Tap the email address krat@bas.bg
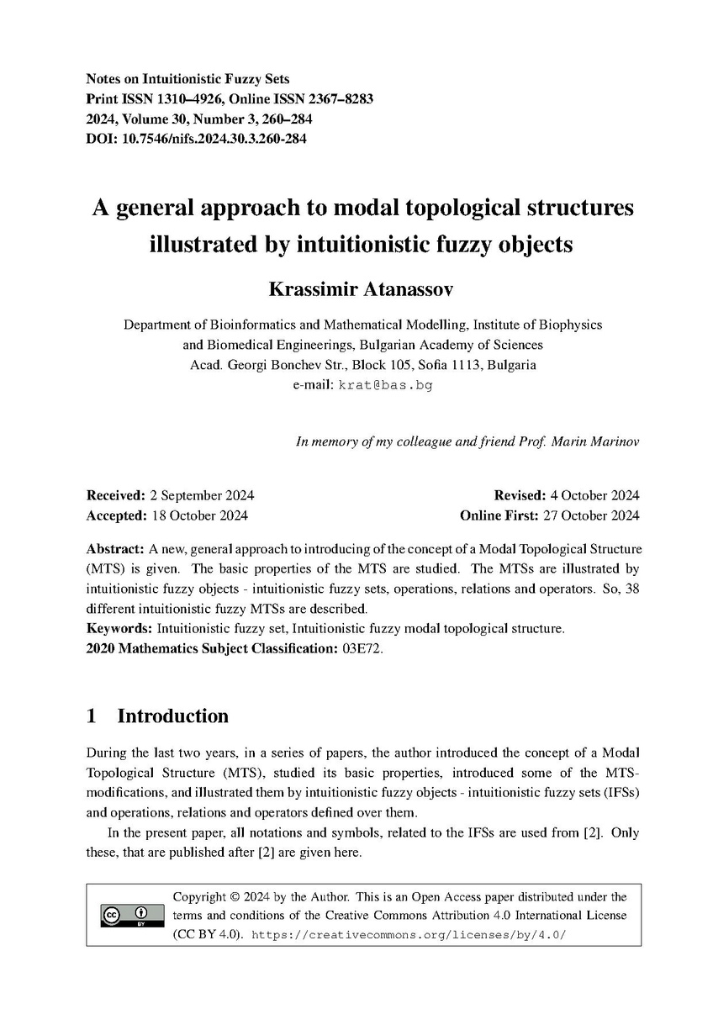coord(385,385)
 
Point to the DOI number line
coord(196,139)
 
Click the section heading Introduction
coord(172,716)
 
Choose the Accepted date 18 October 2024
coord(198,515)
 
